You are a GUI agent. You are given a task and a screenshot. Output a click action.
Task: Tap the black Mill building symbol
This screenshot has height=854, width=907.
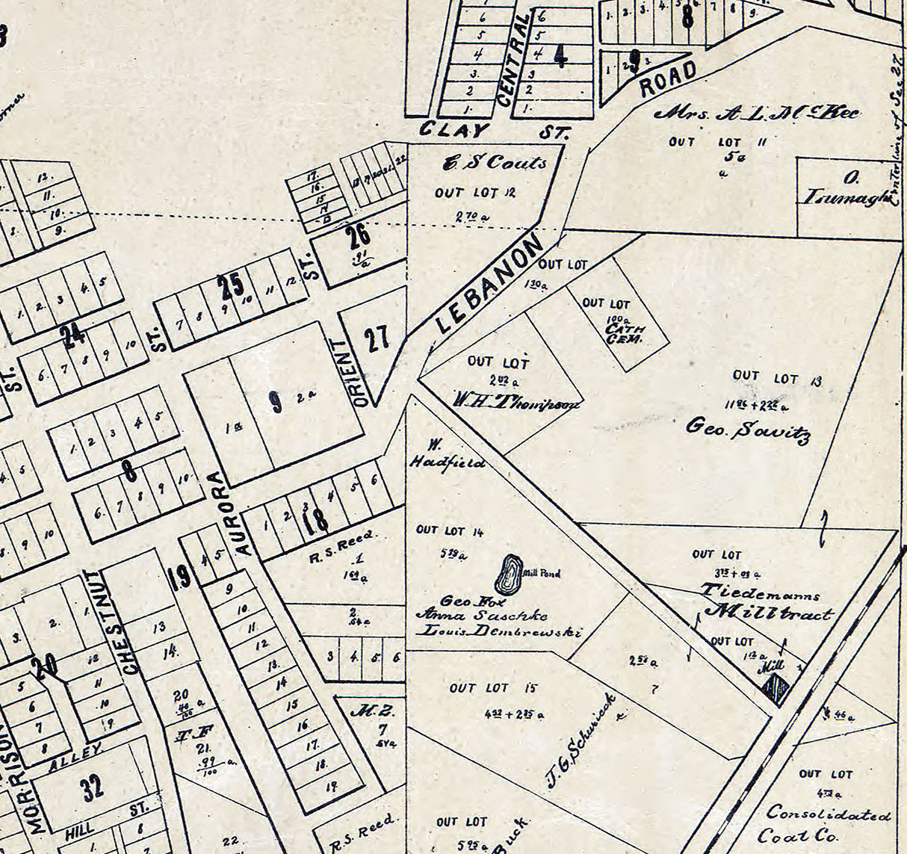(x=776, y=688)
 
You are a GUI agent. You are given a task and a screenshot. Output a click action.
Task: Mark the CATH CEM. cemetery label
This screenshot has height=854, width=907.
(x=625, y=332)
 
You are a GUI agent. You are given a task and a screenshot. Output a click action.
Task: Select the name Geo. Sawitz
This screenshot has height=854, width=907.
(x=747, y=430)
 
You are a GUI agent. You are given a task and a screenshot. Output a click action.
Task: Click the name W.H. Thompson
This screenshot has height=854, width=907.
(x=516, y=401)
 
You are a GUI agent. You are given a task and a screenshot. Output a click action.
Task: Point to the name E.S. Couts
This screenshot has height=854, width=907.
(x=495, y=162)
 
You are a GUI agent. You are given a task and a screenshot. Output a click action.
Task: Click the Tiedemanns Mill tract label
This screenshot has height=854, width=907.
(x=766, y=604)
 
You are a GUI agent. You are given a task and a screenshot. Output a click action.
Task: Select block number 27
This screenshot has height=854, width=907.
(x=377, y=339)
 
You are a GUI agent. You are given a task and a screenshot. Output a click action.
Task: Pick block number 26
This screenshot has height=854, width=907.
(x=358, y=236)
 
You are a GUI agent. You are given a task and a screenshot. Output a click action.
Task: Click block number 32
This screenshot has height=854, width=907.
(x=93, y=788)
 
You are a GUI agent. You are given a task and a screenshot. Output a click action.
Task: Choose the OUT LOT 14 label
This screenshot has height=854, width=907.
(x=450, y=530)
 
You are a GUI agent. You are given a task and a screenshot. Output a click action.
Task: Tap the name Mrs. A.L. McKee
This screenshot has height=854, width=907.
(x=757, y=114)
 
